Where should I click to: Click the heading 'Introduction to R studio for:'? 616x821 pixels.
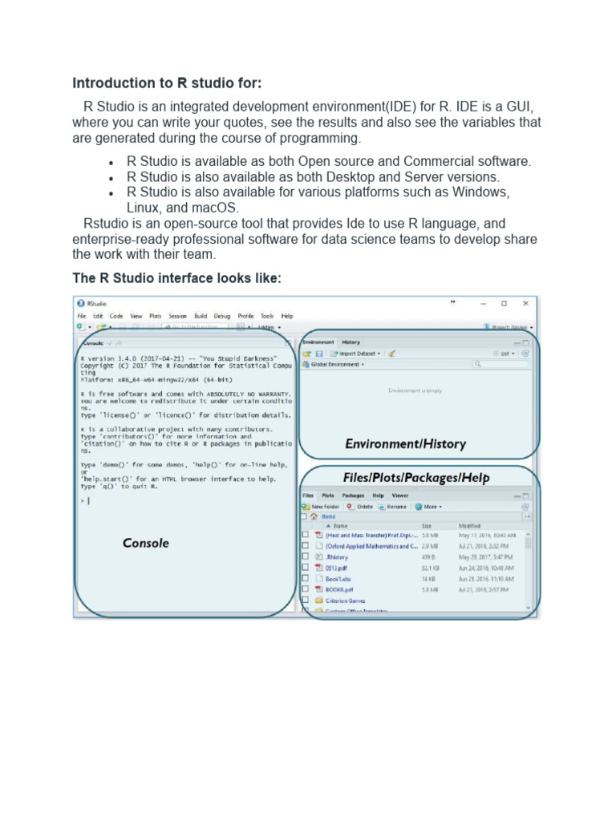tap(167, 83)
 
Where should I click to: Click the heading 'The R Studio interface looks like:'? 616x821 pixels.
tap(177, 278)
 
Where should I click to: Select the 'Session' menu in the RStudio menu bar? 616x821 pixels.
tap(177, 317)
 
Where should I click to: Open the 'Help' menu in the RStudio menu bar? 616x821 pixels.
tap(287, 317)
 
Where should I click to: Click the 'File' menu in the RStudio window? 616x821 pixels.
tap(82, 317)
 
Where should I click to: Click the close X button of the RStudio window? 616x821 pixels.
tap(525, 304)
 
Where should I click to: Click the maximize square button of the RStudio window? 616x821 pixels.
tap(504, 304)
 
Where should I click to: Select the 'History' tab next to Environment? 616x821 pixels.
tap(351, 342)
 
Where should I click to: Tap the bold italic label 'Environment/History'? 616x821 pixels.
tap(405, 443)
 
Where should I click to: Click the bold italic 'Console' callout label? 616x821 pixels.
tap(146, 543)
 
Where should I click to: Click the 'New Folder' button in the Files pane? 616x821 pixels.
tap(323, 507)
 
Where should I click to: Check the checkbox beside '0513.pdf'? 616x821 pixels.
tap(305, 567)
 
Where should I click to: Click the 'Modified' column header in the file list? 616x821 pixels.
tap(470, 526)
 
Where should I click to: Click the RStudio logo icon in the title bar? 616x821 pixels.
tap(81, 304)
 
